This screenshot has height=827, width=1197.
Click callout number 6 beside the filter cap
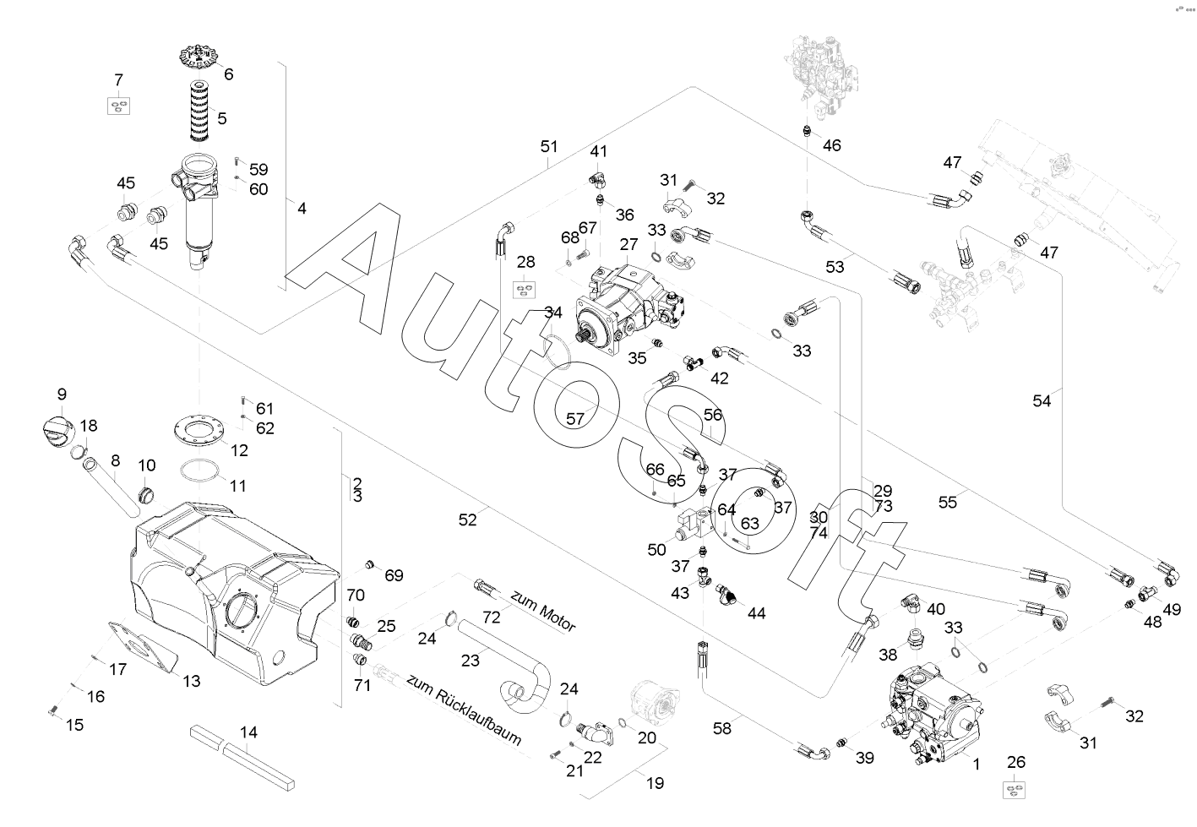(x=229, y=73)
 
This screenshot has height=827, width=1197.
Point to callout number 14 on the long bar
(x=248, y=732)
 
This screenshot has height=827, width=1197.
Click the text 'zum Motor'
(x=542, y=612)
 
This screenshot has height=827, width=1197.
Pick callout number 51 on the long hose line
(x=549, y=146)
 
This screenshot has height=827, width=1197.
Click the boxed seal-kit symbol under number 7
(x=118, y=106)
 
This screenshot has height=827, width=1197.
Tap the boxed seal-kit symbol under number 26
(x=1016, y=789)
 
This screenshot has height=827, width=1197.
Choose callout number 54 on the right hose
(x=1042, y=401)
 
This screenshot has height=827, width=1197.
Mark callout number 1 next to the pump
(x=977, y=764)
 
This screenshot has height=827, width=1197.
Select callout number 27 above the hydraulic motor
(x=628, y=244)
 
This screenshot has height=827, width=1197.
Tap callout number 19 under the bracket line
(x=655, y=783)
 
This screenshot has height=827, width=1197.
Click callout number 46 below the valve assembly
(x=832, y=145)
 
